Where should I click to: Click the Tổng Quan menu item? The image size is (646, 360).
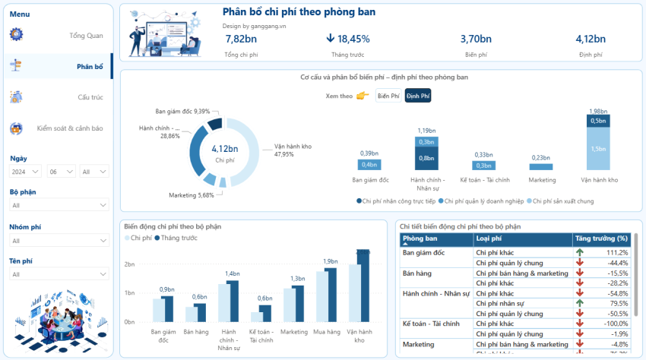pos(85,36)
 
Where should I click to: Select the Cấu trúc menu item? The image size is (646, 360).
pos(90,97)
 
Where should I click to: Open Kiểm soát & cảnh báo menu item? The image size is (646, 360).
pos(69,128)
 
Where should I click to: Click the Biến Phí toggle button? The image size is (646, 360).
pos(388,96)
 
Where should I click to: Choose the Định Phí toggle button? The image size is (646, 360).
pos(417,96)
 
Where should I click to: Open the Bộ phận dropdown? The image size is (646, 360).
pos(59,205)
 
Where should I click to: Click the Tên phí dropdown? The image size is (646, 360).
pos(59,274)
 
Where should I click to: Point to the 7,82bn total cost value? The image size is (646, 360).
pos(241,39)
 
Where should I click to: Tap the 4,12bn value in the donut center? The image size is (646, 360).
pos(225,149)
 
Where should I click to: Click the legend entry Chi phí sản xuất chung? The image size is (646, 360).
pos(562,201)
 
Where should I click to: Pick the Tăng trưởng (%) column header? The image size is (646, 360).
pos(602,238)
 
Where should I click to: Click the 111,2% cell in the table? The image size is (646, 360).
pos(616,252)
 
